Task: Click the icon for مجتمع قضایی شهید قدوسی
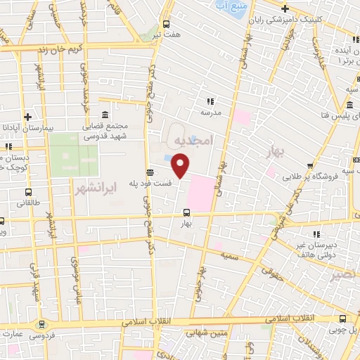(105, 115)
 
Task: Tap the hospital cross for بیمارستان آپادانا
(27, 117)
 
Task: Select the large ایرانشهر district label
(93, 189)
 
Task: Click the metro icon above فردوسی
(44, 324)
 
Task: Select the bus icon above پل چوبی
(342, 317)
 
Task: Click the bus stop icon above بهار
(186, 212)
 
